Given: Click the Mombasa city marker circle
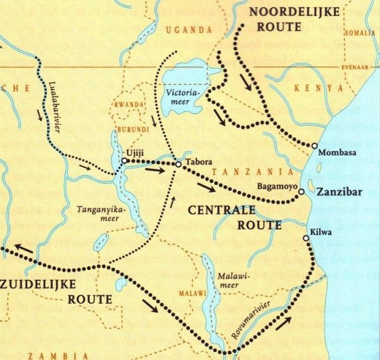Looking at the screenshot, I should pos(315,146).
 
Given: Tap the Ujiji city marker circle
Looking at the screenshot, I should pos(124,161).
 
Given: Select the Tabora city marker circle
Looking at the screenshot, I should pos(179,165).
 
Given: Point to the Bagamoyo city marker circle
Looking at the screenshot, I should pos(301,191).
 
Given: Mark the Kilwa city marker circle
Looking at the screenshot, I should pos(307,238).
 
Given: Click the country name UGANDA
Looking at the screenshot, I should pos(187,29).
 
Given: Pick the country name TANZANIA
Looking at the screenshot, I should pos(252,172).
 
